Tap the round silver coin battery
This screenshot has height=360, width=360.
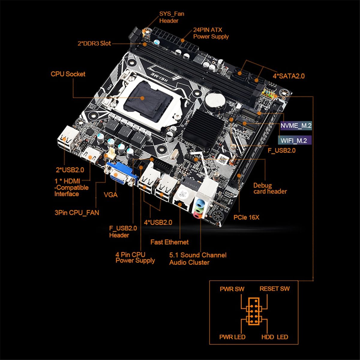215,101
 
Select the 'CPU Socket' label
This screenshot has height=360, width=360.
68,74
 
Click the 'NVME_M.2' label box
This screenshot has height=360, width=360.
296,126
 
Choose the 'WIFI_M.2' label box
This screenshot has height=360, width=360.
295,140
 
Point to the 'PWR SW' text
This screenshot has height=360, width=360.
232,289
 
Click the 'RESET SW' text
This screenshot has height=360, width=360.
274,289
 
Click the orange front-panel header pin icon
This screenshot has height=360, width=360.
254,311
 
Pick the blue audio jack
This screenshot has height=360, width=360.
199,203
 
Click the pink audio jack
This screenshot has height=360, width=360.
197,215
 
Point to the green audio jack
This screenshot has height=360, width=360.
198,209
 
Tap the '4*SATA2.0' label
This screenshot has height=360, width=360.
289,76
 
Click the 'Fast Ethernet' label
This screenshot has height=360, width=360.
169,242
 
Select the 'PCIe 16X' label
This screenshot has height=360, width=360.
246,217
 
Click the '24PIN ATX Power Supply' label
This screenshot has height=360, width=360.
211,33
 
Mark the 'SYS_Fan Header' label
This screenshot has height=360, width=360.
172,17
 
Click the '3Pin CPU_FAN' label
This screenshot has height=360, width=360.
77,213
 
